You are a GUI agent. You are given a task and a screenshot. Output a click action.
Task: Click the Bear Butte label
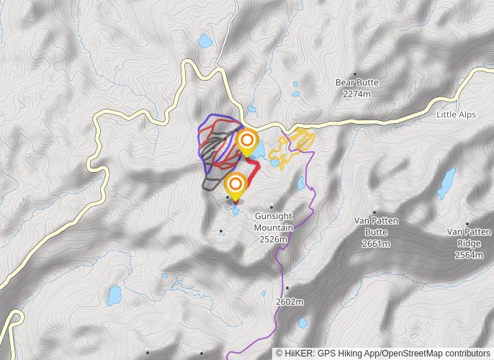click(356, 82)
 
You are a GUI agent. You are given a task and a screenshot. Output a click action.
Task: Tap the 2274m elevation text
click(356, 94)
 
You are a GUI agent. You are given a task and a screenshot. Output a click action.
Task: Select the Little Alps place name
click(456, 114)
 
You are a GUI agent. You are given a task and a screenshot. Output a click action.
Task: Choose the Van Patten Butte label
click(376, 226)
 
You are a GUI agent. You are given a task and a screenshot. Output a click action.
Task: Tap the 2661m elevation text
click(376, 244)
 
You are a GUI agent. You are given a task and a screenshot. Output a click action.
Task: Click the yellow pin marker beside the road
click(247, 140)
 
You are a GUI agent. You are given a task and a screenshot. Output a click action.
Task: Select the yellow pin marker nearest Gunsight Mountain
click(234, 184)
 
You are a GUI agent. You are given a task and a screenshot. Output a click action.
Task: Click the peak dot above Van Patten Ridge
click(468, 223)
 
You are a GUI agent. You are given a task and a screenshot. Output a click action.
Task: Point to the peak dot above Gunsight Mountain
click(272, 207)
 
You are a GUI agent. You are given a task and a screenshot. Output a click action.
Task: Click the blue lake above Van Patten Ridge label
click(447, 184)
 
